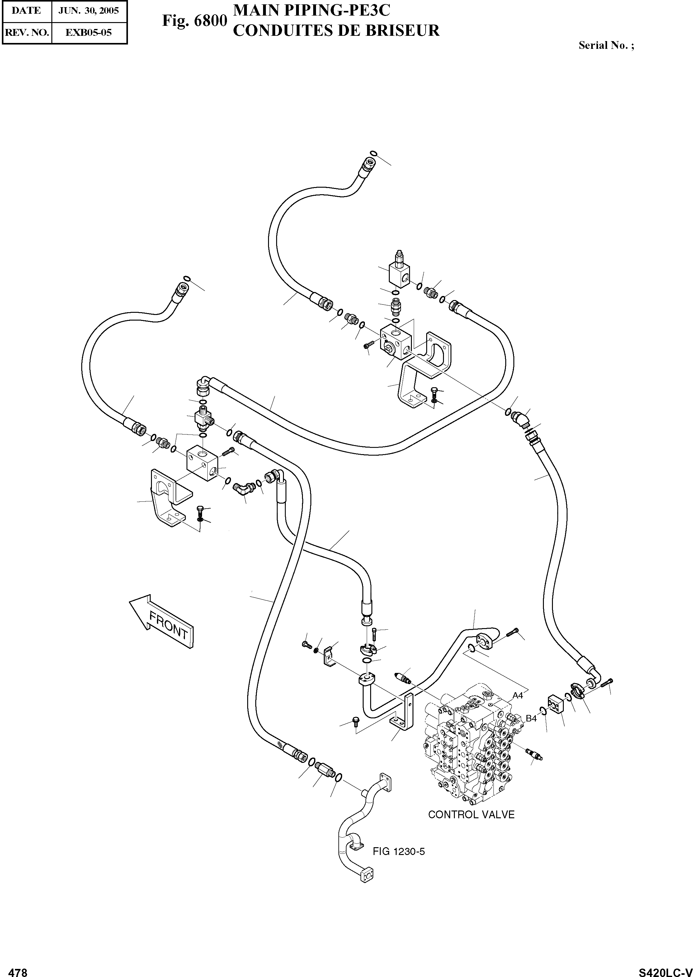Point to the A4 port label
(517, 695)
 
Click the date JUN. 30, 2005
(89, 11)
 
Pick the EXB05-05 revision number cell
(89, 32)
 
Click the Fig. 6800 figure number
(194, 21)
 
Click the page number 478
(18, 969)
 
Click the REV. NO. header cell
(26, 32)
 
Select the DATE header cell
(26, 11)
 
